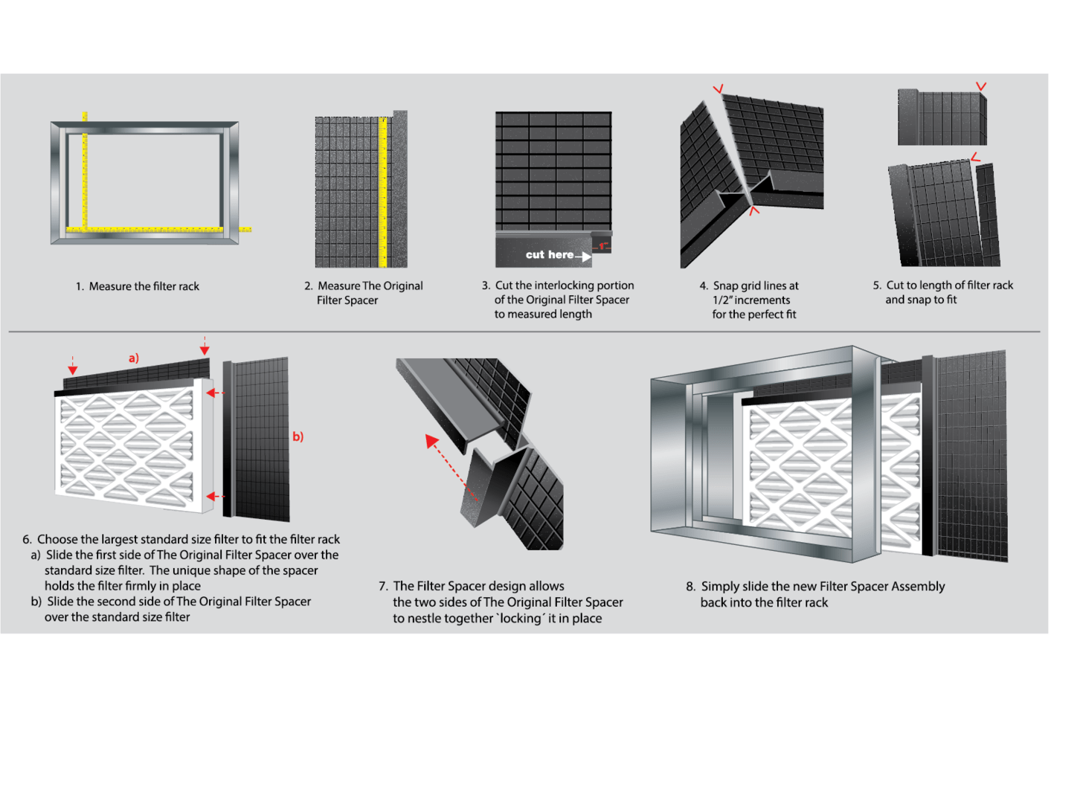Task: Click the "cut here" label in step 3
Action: pos(549,255)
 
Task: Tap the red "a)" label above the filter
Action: pos(134,358)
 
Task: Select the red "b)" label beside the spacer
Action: pos(298,436)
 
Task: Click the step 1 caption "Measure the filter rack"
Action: pos(144,286)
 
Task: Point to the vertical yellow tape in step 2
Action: pos(383,192)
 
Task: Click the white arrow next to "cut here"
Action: pos(583,257)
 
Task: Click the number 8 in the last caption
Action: pos(690,587)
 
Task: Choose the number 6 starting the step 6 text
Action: pos(27,540)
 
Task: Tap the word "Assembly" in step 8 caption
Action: pos(918,587)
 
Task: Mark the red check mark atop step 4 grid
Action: pos(718,89)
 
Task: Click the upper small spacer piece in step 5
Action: pos(941,117)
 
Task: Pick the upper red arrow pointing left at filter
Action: pos(215,393)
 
